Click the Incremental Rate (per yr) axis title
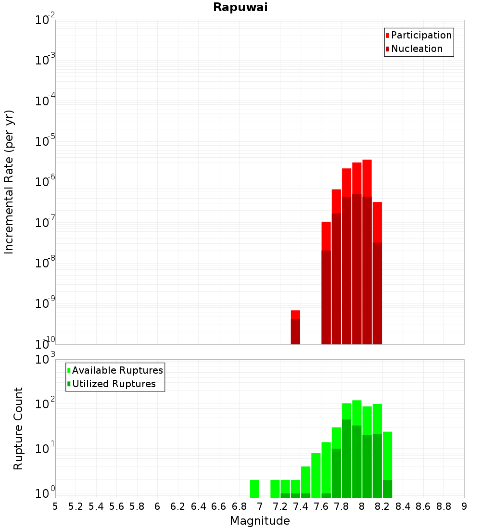coord(9,182)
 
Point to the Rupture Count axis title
coord(18,428)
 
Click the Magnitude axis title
coord(260,520)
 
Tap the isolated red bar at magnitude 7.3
coord(295,327)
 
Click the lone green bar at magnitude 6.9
coord(254,489)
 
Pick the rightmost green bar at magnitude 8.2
coord(387,464)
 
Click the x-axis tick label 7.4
coord(300,506)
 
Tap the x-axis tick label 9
coord(464,506)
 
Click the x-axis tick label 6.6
coord(218,506)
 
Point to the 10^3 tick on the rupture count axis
coord(46,359)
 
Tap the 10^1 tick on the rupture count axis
coord(46,449)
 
